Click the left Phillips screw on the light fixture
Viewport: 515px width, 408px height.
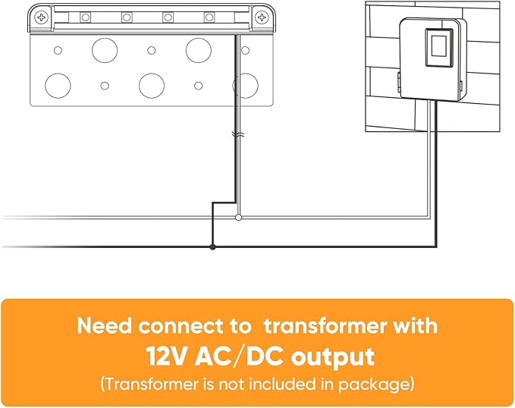(x=41, y=17)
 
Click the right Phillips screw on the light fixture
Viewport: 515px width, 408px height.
(x=262, y=17)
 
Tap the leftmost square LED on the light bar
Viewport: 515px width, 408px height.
(x=86, y=17)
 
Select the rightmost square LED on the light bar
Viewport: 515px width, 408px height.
(x=209, y=17)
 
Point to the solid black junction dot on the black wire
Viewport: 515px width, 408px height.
(x=212, y=246)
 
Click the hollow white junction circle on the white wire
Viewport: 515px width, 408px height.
(x=239, y=217)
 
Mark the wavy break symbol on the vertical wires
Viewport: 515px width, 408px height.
(x=237, y=134)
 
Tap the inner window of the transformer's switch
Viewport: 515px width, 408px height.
(x=438, y=46)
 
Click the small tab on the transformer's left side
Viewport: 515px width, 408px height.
(x=399, y=82)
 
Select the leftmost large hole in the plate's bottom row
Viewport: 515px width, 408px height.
(x=58, y=86)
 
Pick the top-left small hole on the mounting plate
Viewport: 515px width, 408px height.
(x=58, y=51)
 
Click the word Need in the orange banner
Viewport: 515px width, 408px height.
(x=104, y=326)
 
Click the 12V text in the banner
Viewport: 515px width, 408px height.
(x=168, y=356)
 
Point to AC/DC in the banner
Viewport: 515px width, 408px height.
(x=239, y=356)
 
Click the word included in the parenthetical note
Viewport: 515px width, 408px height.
(x=290, y=384)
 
